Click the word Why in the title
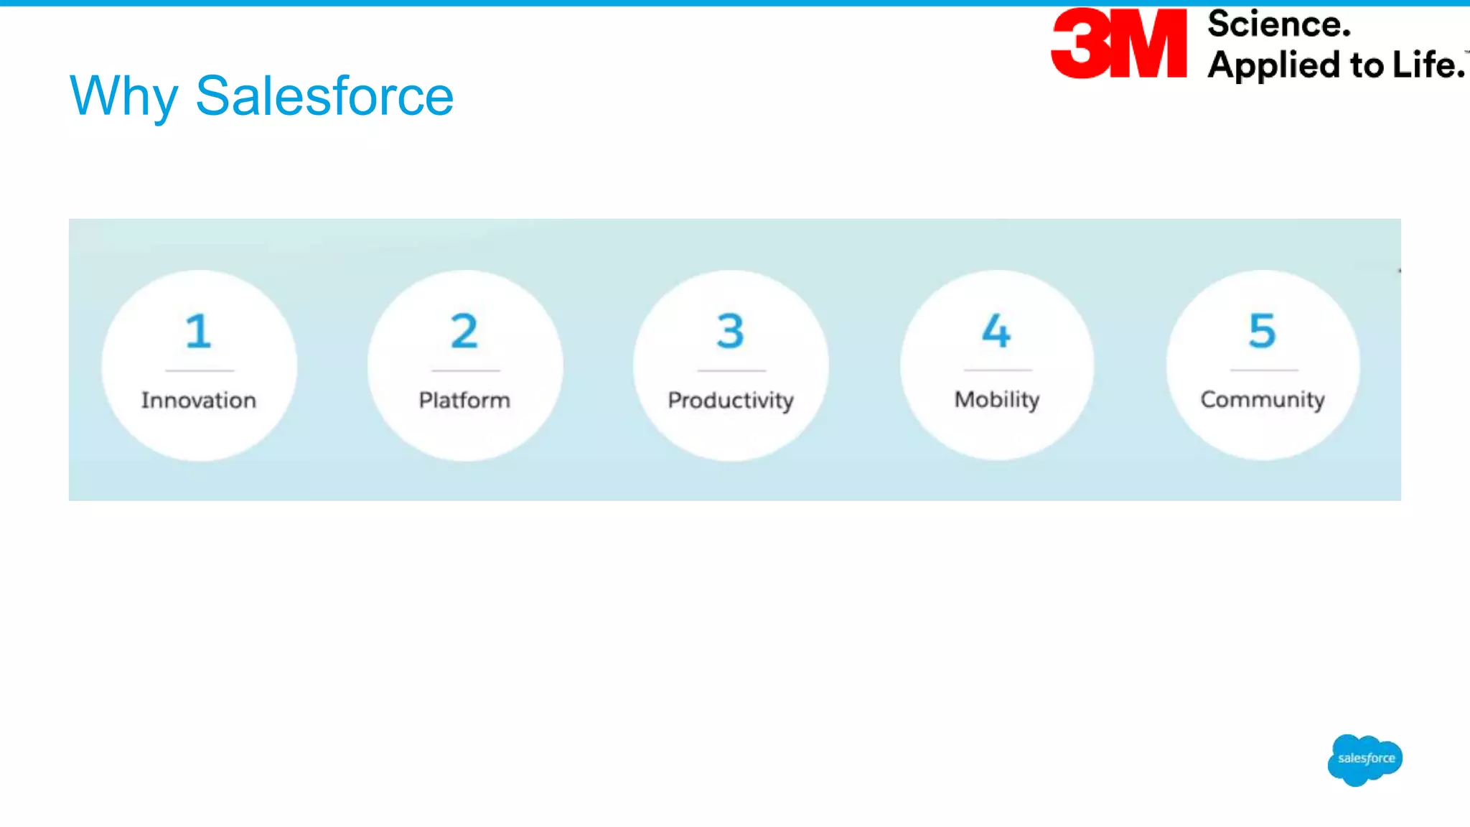point(123,96)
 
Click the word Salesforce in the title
point(324,96)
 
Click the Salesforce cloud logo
point(1365,760)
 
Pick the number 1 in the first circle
point(198,331)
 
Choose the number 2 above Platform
point(464,331)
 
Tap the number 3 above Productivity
point(731,331)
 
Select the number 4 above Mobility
point(996,331)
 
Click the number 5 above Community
point(1263,331)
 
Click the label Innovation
point(199,400)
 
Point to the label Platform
point(464,400)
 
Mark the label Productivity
point(731,401)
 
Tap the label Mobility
point(997,400)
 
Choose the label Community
point(1263,400)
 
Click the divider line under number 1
point(200,370)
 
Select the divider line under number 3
point(731,370)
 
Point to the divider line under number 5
point(1264,370)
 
